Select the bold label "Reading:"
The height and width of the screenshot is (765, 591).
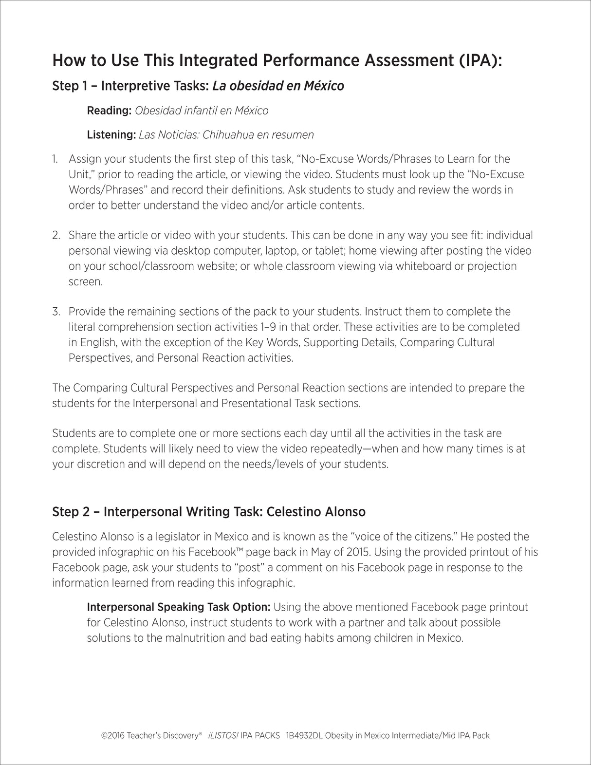click(109, 111)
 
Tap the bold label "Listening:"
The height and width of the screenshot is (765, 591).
click(111, 134)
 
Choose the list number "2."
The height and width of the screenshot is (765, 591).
click(56, 235)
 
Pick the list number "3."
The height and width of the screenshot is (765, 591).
click(56, 312)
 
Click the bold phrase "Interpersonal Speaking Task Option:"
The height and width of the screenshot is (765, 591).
click(179, 607)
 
